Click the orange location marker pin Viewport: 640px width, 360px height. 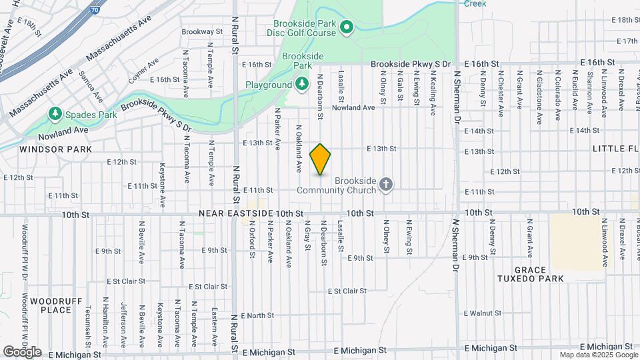click(x=321, y=159)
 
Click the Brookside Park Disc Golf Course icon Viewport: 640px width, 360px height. click(x=346, y=27)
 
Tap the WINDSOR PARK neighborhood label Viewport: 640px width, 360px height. click(x=55, y=149)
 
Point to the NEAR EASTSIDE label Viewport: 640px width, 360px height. click(x=237, y=213)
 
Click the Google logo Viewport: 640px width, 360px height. click(x=22, y=351)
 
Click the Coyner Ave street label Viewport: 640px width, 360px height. click(x=143, y=70)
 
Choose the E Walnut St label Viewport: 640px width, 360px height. click(x=483, y=313)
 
